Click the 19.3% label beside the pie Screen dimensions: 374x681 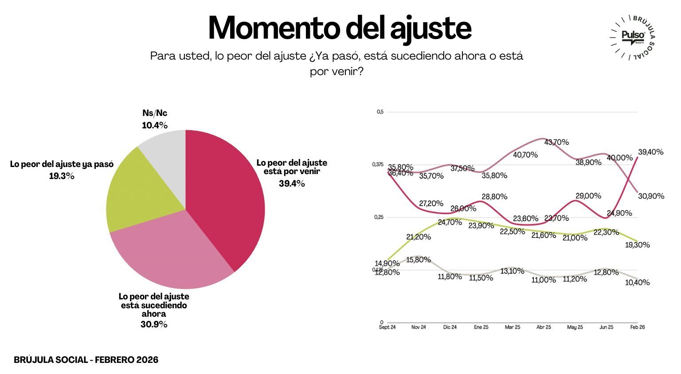[62, 176]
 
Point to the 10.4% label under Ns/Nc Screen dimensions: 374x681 [155, 126]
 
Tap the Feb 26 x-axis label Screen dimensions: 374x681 [638, 327]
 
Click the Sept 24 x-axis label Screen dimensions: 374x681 [387, 327]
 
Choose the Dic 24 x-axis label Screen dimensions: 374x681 [450, 327]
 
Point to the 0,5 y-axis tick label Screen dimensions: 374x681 [380, 112]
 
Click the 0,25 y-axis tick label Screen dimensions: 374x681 [379, 217]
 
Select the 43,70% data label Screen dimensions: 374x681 [556, 143]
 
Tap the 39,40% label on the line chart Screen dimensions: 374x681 [651, 152]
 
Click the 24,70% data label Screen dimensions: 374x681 [450, 223]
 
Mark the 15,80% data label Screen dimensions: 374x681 [419, 260]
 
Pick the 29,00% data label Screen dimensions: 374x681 [588, 196]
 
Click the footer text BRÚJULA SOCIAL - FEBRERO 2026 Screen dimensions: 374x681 [86, 360]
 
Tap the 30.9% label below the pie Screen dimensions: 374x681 [154, 325]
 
